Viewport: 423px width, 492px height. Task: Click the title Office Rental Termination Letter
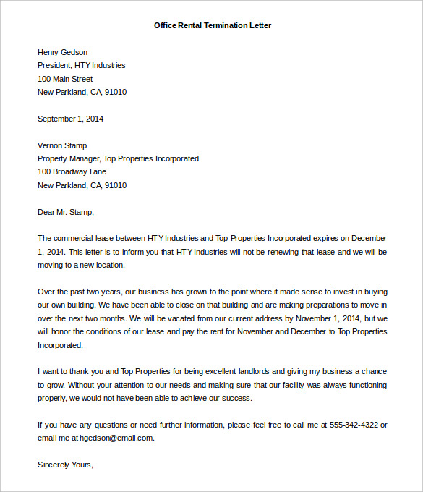click(x=213, y=25)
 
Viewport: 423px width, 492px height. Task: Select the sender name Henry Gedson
click(x=62, y=52)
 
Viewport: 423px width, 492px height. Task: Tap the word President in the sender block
click(x=54, y=65)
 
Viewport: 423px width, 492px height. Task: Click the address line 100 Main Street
click(x=65, y=79)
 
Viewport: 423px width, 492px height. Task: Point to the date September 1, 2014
click(x=70, y=119)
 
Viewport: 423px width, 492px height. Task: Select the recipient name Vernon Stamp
click(x=62, y=145)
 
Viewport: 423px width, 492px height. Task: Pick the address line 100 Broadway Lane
click(x=72, y=171)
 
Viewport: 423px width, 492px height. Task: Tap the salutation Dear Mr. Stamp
click(x=66, y=212)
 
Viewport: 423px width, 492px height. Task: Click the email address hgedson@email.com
click(x=119, y=438)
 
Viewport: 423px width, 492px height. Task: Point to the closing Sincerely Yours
click(x=65, y=465)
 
